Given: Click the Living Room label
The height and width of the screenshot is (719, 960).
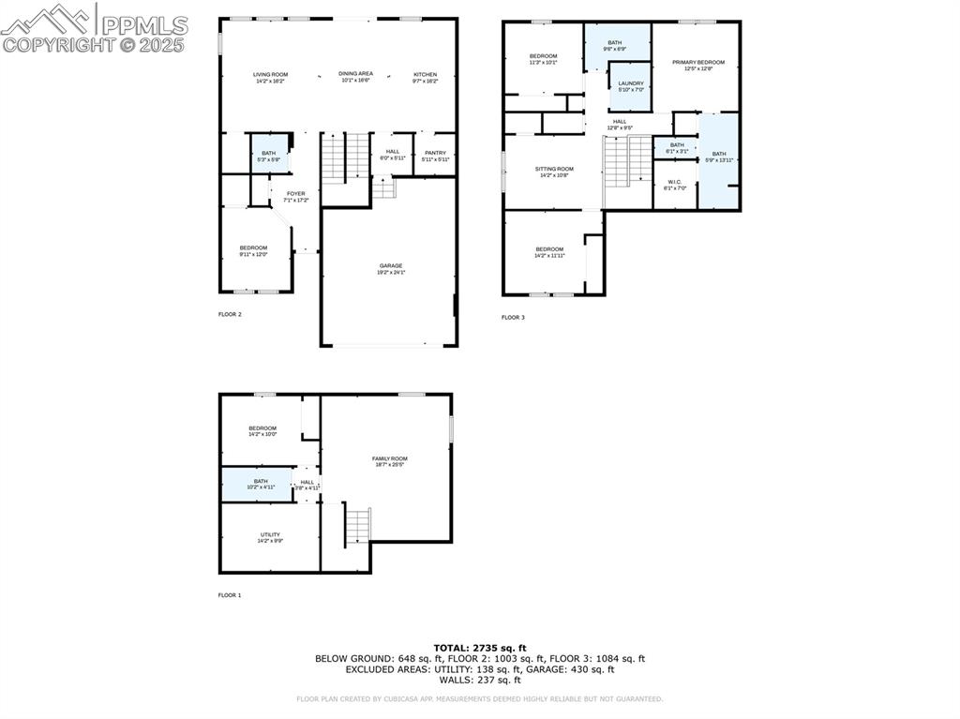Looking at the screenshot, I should tap(271, 75).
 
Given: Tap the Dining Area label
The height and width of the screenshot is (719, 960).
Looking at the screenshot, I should tap(355, 74).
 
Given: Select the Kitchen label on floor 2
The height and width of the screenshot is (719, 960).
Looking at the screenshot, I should tap(426, 75).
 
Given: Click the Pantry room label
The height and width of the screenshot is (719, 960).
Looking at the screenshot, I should tap(435, 153).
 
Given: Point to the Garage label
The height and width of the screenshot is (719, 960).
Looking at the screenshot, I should tap(391, 266).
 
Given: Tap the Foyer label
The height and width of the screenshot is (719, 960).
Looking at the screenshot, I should tap(295, 194).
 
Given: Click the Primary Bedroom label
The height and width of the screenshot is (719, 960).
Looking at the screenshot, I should tap(697, 63).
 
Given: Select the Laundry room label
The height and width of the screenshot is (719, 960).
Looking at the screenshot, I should tap(631, 83).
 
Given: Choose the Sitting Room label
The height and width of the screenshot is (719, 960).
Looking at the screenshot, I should tap(554, 169).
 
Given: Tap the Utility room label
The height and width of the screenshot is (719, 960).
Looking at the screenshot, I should tap(270, 535).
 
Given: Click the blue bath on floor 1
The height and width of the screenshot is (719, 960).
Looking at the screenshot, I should tap(256, 484).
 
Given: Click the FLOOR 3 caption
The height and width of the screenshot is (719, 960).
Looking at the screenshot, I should tap(513, 318).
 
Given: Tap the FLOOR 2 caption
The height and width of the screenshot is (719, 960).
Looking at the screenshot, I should tap(230, 315).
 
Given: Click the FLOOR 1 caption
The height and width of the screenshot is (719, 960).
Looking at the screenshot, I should tap(230, 595).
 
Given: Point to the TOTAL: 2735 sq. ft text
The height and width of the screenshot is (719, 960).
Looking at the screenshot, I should tap(479, 648).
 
